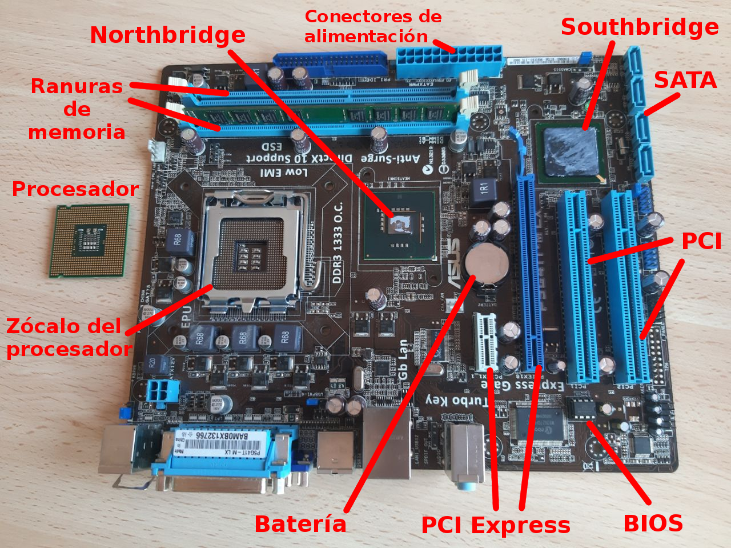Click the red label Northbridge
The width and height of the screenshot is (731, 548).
coord(168,35)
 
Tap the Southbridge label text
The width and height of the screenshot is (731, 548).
coord(640,27)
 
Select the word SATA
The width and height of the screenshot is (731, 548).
coord(685,81)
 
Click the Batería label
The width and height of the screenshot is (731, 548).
coord(300,524)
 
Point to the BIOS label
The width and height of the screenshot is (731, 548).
coord(653,523)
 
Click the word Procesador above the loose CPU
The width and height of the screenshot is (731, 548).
coord(75,189)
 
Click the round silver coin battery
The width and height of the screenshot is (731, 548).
coord(486,264)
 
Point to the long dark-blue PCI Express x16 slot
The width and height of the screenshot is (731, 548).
coord(531,271)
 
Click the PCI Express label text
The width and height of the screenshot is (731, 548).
coord(495,525)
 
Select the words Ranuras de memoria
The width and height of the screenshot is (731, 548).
coord(77,109)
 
